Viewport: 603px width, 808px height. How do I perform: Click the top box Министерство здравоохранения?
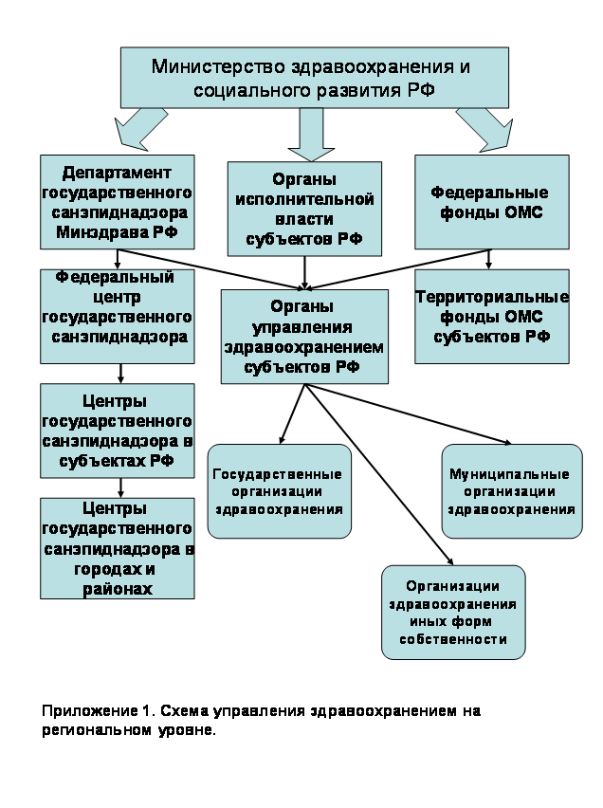point(311,79)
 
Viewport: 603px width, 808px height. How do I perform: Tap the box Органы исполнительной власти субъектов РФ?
point(303,209)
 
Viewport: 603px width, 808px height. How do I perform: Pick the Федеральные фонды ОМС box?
point(492,201)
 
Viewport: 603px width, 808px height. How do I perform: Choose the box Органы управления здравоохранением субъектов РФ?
point(303,336)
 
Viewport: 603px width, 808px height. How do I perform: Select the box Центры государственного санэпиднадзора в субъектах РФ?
point(117,430)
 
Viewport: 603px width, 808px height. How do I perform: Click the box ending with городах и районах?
point(117,548)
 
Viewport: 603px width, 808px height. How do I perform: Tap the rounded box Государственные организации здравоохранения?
point(277,491)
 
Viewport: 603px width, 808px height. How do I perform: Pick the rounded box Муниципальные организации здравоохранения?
point(512,491)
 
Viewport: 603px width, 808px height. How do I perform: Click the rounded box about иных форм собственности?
point(453,612)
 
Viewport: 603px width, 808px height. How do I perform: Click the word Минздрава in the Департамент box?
point(96,230)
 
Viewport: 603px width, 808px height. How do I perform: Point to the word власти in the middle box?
point(303,219)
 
